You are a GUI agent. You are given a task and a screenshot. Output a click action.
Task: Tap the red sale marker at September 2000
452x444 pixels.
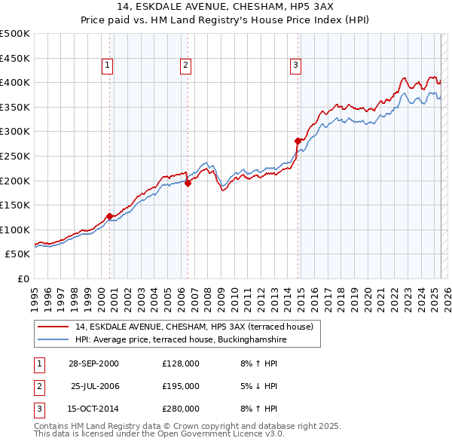coord(110,216)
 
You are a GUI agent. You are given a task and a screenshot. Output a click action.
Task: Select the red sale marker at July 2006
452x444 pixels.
coord(188,183)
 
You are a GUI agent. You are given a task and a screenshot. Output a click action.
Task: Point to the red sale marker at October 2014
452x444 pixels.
coord(298,141)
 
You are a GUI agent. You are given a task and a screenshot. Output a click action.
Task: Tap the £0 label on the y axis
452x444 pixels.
coord(23,278)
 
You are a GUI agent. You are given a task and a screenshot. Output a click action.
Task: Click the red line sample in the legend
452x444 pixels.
coord(52,327)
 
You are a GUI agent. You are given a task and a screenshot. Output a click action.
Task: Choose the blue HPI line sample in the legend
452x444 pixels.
coord(52,339)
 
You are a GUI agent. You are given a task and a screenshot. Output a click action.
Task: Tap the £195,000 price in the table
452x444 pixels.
coord(181,386)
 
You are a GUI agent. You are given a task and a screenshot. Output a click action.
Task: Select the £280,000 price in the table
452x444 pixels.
coord(181,409)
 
